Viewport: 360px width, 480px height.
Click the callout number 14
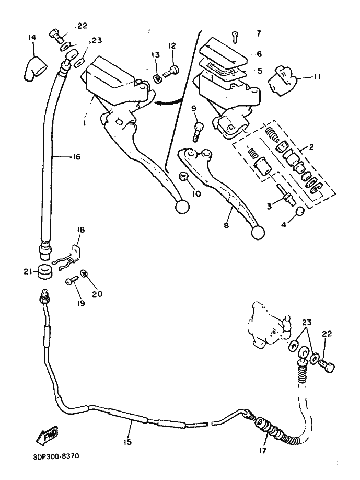pos(32,37)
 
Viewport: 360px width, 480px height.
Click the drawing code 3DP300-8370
pos(56,455)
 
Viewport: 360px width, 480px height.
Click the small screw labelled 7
pos(236,37)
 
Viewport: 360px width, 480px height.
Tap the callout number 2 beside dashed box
pos(311,148)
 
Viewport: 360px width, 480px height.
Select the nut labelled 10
pos(183,175)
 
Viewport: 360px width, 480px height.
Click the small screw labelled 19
pos(70,281)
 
